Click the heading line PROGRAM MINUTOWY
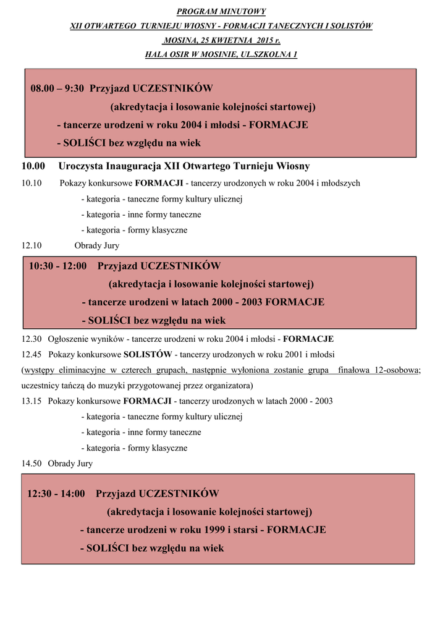point(221,12)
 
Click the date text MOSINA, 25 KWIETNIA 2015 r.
point(222,40)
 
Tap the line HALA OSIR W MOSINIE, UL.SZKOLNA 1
point(221,54)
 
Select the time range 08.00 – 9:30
point(57,88)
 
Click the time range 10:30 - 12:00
point(57,266)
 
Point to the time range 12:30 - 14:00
point(56,494)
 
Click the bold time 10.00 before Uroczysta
point(33,166)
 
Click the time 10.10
point(32,184)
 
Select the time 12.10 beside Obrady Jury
point(32,245)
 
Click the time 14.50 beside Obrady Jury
point(32,464)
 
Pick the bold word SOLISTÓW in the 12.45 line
point(148,355)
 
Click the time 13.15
point(32,401)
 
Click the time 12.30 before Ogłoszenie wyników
point(32,339)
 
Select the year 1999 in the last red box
point(214,530)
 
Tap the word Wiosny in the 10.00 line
point(292,166)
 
